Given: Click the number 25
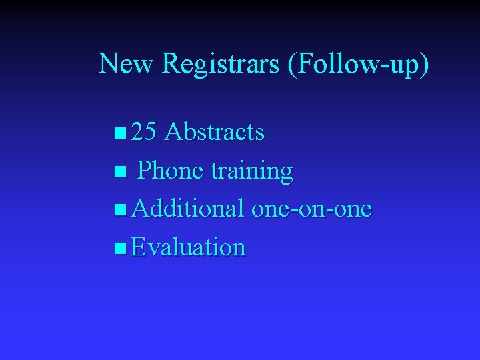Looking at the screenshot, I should pyautogui.click(x=144, y=133).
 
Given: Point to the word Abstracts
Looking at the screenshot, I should pyautogui.click(x=214, y=133).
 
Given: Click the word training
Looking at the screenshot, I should pyautogui.click(x=251, y=171).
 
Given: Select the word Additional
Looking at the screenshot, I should pyautogui.click(x=187, y=209).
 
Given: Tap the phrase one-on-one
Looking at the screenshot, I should pyautogui.click(x=311, y=209).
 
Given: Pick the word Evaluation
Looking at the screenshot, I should pyautogui.click(x=189, y=247).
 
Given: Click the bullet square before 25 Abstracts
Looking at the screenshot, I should pyautogui.click(x=119, y=134).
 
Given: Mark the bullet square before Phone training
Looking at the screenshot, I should pyautogui.click(x=119, y=173).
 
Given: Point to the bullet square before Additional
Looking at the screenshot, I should pyautogui.click(x=119, y=211).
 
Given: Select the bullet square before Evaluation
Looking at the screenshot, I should pyautogui.click(x=119, y=249).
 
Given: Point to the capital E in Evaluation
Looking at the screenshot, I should pyautogui.click(x=139, y=247).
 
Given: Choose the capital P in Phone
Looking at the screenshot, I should pyautogui.click(x=144, y=171).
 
